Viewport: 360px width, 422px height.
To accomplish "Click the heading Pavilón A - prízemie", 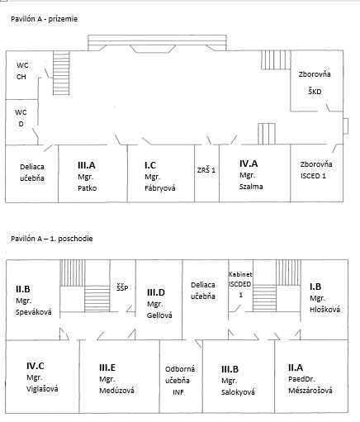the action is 45,19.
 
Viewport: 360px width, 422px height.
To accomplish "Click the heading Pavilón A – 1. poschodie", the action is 52,239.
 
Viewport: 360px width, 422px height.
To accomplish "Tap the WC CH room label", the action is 21,71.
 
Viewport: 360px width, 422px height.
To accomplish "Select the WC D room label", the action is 21,118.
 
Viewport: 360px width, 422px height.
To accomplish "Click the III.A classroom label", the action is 87,165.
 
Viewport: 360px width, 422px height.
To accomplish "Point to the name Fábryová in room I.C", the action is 160,188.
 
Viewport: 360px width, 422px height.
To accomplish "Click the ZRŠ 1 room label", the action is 206,170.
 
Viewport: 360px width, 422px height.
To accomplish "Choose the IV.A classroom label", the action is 249,164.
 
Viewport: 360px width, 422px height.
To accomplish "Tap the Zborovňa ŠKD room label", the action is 315,83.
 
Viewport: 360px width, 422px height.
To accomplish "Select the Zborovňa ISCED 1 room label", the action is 316,170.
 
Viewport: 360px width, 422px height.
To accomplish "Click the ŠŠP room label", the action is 122,288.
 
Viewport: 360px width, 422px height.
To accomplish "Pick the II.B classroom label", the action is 23,289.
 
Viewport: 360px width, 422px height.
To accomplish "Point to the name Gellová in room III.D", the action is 159,315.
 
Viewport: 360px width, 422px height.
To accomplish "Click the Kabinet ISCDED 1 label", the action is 240,284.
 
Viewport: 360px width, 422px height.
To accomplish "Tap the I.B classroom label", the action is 315,287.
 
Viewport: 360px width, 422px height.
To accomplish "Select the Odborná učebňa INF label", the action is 180,381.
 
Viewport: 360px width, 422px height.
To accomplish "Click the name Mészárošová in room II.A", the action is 310,391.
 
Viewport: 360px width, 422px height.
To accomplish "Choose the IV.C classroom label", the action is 36,366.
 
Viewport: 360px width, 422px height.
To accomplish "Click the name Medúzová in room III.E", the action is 116,391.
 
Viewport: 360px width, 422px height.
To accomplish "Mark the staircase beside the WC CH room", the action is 61,73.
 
